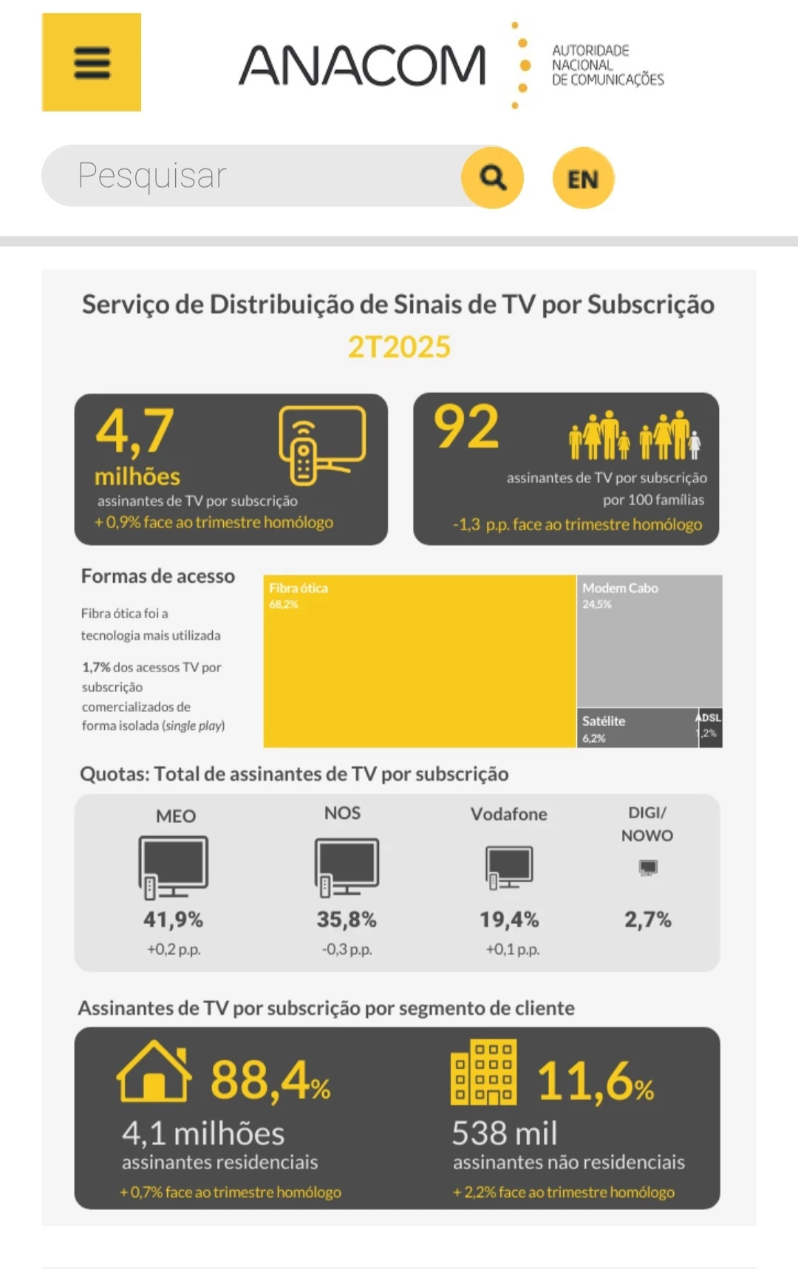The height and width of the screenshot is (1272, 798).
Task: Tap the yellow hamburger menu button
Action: (x=92, y=63)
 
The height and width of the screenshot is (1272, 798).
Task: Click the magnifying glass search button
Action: (x=492, y=177)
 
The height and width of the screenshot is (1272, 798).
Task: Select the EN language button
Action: (x=583, y=179)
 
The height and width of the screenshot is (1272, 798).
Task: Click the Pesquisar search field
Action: (x=251, y=176)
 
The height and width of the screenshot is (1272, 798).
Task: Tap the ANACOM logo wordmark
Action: (x=362, y=65)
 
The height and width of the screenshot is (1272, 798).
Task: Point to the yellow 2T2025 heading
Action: (x=399, y=346)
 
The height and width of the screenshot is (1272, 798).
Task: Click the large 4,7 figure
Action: (x=134, y=431)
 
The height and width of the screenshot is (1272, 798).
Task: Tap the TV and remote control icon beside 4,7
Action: (x=322, y=443)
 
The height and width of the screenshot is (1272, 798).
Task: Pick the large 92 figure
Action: (x=466, y=427)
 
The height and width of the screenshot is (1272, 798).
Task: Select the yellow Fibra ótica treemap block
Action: (x=420, y=661)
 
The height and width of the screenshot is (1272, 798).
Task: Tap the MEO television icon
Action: (x=174, y=866)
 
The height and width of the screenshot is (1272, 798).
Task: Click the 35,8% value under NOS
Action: (x=347, y=920)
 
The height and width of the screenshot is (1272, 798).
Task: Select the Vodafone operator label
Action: (x=509, y=814)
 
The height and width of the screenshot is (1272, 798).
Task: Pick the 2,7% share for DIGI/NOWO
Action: (x=647, y=920)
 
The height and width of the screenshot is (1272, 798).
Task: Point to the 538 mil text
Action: (x=505, y=1133)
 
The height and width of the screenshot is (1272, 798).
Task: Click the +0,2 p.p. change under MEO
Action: (x=174, y=949)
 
